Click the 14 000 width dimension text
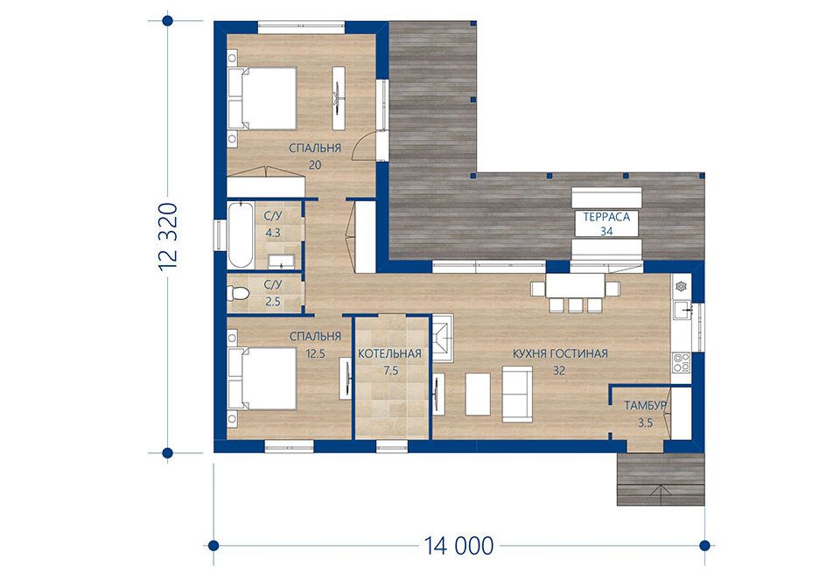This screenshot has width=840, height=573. tap(458, 546)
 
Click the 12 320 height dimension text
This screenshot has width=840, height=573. tap(168, 237)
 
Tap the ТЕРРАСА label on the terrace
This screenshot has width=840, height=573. tap(606, 217)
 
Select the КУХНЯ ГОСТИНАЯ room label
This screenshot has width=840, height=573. tap(560, 353)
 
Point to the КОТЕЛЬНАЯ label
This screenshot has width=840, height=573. tap(389, 353)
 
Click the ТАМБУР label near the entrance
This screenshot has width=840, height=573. tap(645, 405)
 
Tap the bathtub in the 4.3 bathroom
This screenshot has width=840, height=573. tap(240, 234)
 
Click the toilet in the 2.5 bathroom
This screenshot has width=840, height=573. tap(238, 293)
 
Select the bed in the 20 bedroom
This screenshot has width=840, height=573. tap(262, 98)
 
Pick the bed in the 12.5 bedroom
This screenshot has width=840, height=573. tap(262, 379)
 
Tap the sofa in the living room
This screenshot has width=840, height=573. tap(517, 395)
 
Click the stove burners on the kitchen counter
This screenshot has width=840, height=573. tap(682, 362)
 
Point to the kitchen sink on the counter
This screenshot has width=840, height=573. tap(682, 310)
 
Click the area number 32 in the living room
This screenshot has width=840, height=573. tap(559, 370)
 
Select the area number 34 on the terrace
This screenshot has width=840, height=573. tap(606, 231)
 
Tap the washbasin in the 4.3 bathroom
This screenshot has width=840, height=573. tap(280, 261)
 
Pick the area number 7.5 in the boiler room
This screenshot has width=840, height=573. tap(391, 370)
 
